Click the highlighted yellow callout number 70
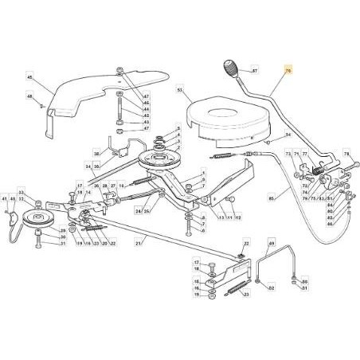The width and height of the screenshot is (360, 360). point(289,71)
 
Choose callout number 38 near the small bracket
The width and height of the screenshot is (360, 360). point(97,155)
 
